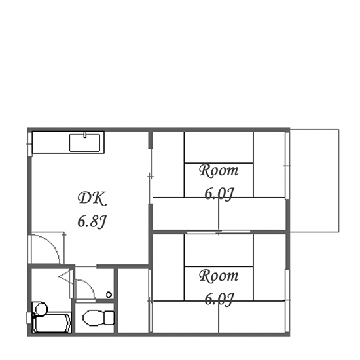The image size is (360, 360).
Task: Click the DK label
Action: coord(92,198)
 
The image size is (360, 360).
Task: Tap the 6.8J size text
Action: coord(92,222)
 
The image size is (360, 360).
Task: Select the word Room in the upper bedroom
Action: coord(219,171)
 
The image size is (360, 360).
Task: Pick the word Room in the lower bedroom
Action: coord(219,276)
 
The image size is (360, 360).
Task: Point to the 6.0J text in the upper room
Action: coord(219,194)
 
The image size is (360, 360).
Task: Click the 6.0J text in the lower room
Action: coord(219,299)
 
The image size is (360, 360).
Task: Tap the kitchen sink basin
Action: coord(84,143)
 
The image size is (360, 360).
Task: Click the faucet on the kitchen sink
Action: coord(84,135)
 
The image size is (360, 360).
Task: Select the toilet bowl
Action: coord(94,317)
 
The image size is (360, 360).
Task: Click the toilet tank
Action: coord(109,317)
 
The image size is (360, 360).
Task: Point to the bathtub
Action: coord(52,322)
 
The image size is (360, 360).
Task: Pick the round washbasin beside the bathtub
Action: coord(41,309)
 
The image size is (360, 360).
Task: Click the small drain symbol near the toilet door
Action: coord(109,295)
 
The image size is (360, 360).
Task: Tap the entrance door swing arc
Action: coord(52,244)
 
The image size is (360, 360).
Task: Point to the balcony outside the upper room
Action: coord(314,181)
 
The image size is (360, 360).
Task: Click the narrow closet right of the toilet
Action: coord(133,300)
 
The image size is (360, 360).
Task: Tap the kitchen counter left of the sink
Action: coord(51,142)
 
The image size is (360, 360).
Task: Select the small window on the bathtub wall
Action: coord(29,318)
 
